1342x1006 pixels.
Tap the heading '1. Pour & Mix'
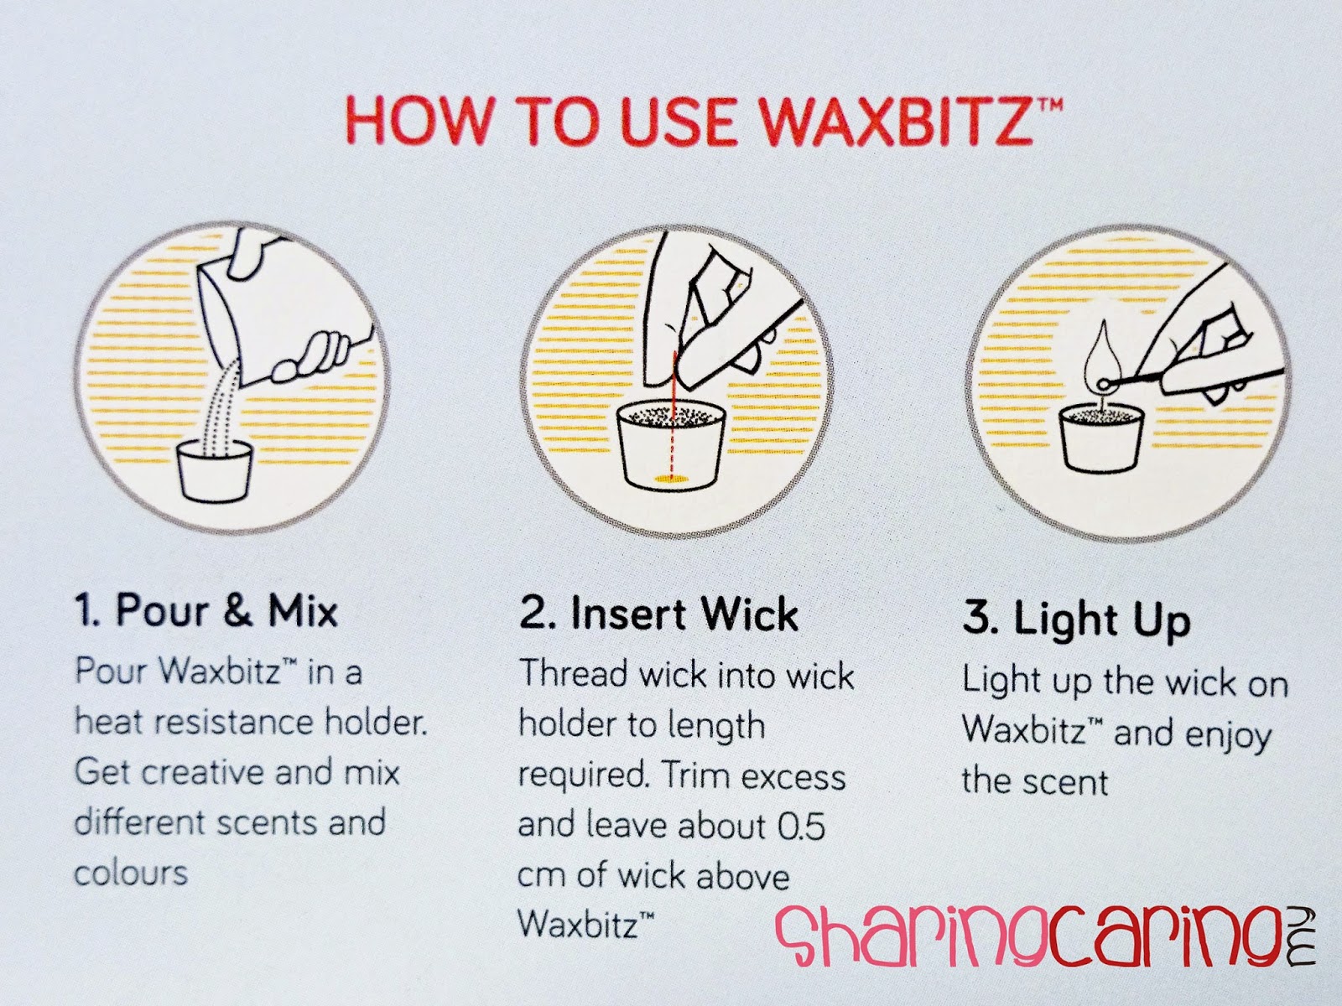[206, 611]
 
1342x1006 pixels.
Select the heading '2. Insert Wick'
[659, 614]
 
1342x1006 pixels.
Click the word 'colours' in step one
[131, 873]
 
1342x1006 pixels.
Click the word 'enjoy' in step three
[1228, 734]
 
